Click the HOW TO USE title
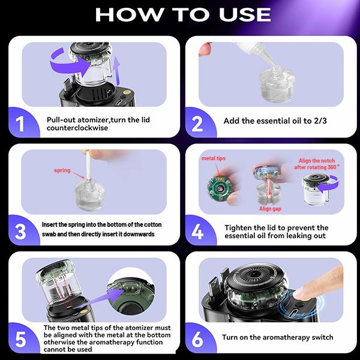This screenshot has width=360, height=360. click(x=179, y=15)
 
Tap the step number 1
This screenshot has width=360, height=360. click(x=20, y=124)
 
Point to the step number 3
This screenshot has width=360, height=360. click(x=20, y=230)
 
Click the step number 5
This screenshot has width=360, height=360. click(x=20, y=340)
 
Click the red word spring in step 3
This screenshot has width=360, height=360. click(x=62, y=170)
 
